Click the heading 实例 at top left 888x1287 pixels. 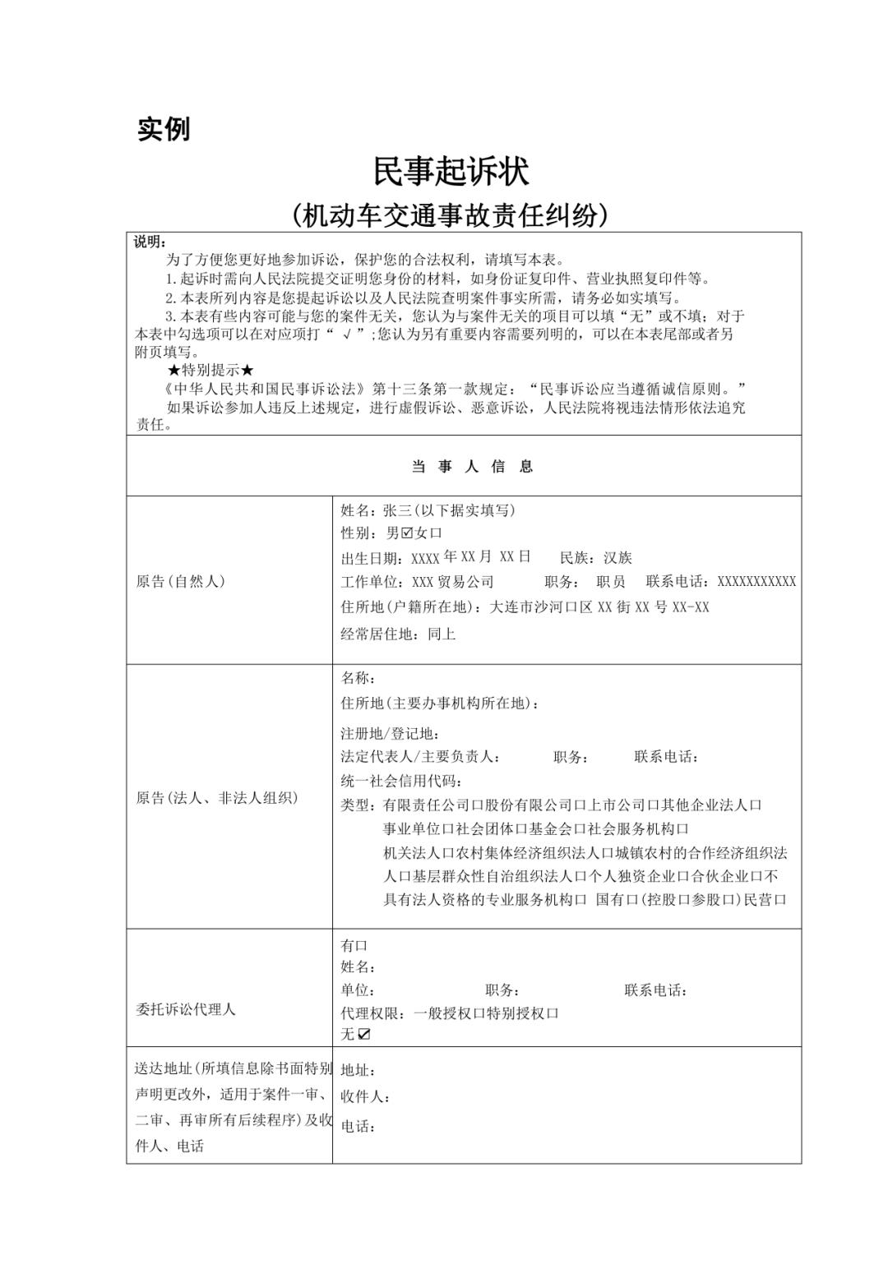point(164,129)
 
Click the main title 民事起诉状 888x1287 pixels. point(450,171)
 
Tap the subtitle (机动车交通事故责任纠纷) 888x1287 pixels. point(450,215)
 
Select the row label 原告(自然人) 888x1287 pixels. point(180,582)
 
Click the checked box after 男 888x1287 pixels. point(406,533)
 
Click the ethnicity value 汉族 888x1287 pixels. point(617,558)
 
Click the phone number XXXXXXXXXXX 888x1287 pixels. point(756,582)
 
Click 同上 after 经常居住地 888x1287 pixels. point(442,634)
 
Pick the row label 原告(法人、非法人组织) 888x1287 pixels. point(217,798)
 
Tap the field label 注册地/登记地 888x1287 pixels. point(390,733)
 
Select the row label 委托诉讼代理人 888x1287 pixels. point(185,1009)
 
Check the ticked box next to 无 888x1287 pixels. point(364,1035)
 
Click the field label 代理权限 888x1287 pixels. point(372,1013)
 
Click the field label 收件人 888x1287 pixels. point(365,1097)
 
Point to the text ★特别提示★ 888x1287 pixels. point(210,371)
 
